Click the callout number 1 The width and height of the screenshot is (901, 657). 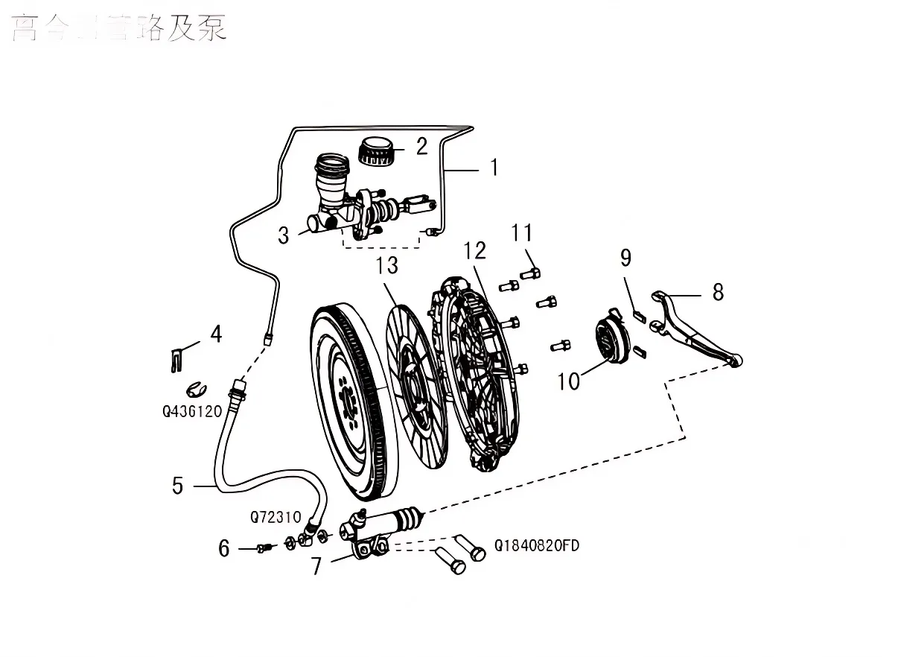point(493,168)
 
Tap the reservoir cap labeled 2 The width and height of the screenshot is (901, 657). point(376,151)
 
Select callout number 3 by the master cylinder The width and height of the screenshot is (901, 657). point(283,236)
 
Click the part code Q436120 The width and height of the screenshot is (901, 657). point(192,410)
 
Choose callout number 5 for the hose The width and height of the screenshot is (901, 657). point(177,486)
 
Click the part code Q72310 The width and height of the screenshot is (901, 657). point(275,516)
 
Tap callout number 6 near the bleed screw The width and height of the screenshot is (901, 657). point(224,549)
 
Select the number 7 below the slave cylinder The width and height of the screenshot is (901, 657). point(316,566)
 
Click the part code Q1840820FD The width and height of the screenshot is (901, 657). point(536,546)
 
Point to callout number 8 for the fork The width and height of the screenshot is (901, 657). point(717,291)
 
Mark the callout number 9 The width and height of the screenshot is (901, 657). point(625,258)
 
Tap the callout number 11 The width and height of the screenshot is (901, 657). point(522,233)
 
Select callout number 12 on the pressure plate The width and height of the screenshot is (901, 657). point(474,250)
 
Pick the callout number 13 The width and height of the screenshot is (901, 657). point(387,264)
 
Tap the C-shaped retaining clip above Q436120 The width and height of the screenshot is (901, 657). point(196,388)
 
